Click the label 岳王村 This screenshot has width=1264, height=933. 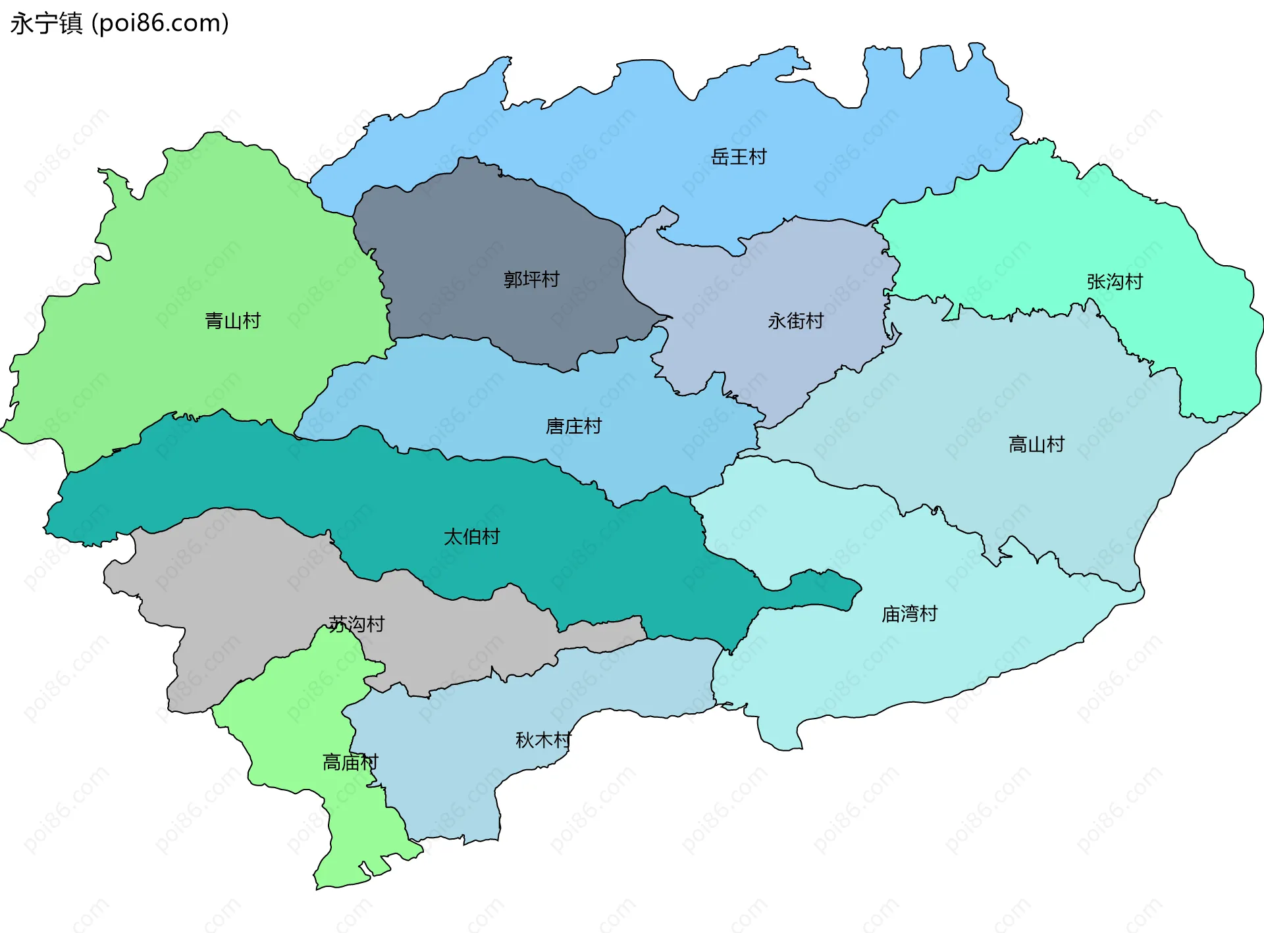tap(739, 157)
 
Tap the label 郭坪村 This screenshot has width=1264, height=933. tap(531, 279)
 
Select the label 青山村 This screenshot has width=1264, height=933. tap(232, 320)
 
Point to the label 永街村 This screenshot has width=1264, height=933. tap(795, 320)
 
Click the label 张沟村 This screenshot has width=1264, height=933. tap(1115, 282)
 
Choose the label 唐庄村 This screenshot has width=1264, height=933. tap(573, 426)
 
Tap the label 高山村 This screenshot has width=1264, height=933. tap(1036, 444)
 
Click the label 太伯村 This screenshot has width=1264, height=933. tap(471, 536)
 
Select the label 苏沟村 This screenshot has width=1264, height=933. tap(356, 624)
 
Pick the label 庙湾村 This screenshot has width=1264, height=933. tap(909, 614)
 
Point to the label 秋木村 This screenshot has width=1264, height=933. tap(543, 740)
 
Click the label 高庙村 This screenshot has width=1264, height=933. tap(350, 762)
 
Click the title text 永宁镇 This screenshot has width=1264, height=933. tap(46, 23)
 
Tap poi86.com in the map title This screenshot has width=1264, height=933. tap(161, 23)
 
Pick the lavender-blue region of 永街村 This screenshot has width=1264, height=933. tap(790, 276)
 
